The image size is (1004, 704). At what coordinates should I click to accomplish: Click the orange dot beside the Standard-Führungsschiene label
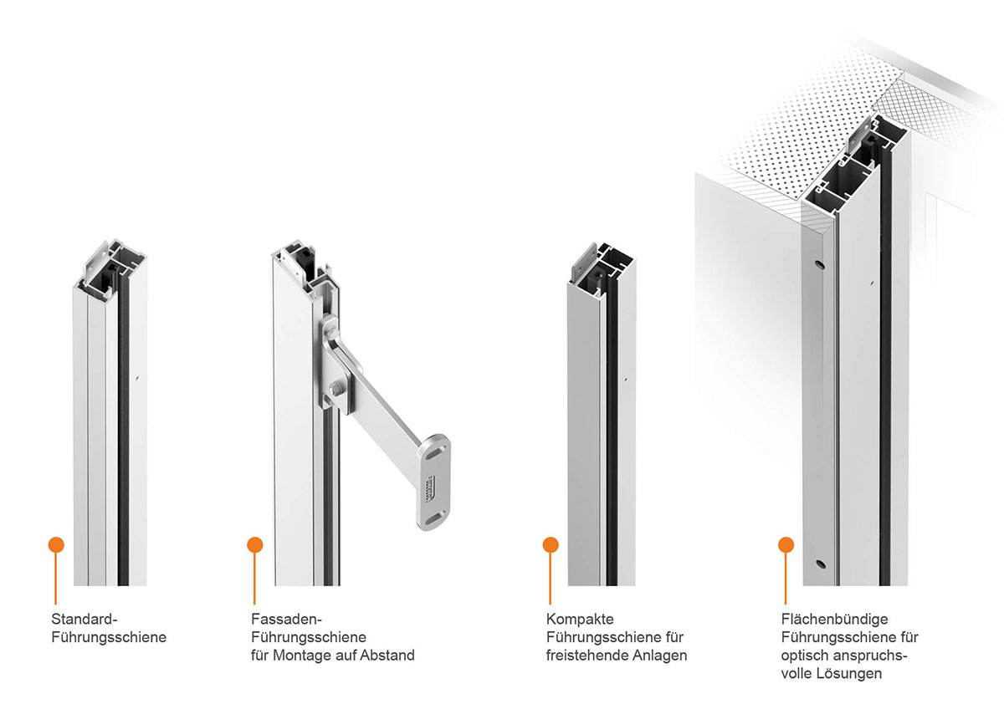[56, 545]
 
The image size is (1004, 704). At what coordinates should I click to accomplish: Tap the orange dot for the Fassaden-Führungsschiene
[254, 545]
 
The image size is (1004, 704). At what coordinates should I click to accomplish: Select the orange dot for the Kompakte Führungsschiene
[551, 545]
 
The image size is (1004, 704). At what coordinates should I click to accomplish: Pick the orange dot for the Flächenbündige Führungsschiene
[786, 545]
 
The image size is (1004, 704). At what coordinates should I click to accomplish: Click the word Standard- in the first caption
[85, 619]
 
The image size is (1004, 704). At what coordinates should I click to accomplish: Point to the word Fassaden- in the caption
[286, 619]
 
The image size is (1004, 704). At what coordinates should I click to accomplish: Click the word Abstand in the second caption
[387, 656]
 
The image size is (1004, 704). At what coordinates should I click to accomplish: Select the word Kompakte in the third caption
[580, 619]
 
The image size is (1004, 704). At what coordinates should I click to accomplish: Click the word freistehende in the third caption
[587, 656]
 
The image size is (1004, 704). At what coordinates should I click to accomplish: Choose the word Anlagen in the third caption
[660, 656]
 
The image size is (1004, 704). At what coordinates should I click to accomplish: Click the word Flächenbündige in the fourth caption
[835, 620]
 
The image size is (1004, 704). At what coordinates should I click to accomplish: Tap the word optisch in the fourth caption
[806, 656]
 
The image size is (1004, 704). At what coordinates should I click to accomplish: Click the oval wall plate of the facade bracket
[433, 482]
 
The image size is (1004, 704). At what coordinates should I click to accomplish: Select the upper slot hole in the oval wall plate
[433, 455]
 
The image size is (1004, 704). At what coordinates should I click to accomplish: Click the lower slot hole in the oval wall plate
[433, 519]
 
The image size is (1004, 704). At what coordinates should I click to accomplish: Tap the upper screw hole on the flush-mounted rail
[819, 265]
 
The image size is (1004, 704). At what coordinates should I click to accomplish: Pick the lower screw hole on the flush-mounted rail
[821, 564]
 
